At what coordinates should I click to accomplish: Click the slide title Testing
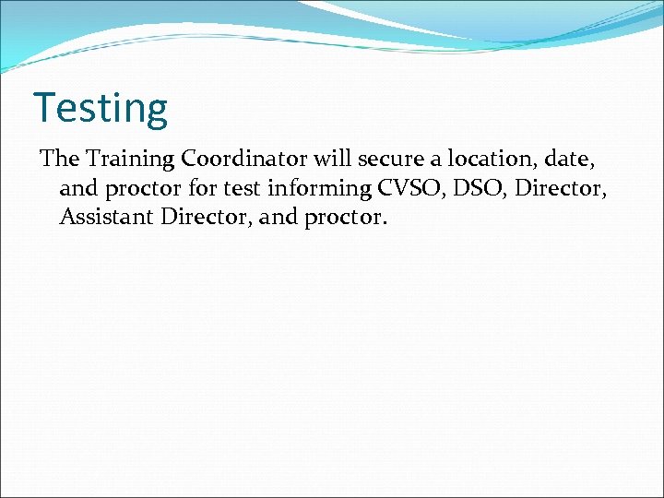click(x=101, y=108)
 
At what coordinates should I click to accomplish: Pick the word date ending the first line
click(x=578, y=160)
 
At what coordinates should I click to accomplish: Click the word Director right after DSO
click(x=558, y=189)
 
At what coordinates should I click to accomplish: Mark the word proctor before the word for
click(x=139, y=190)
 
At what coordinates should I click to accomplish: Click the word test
click(x=239, y=189)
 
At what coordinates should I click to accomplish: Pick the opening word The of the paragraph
click(x=60, y=160)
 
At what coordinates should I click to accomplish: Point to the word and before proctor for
click(x=77, y=189)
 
